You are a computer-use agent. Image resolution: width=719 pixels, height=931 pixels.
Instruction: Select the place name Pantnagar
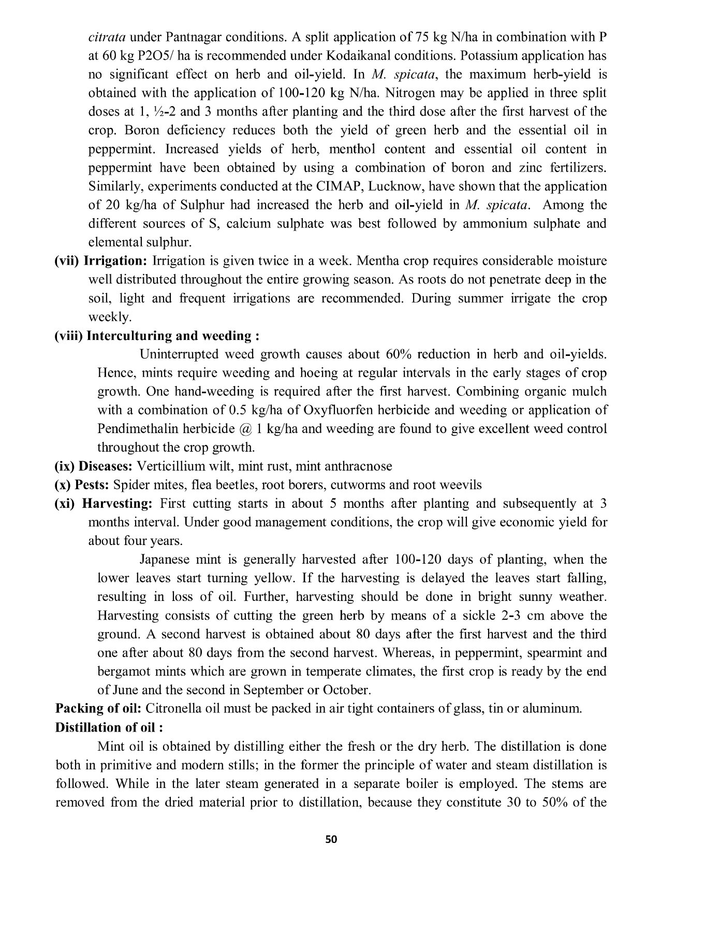pyautogui.click(x=199, y=37)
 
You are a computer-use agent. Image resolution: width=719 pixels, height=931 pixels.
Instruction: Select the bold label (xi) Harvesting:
pyautogui.click(x=103, y=504)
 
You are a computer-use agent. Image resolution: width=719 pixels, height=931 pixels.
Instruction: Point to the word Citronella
pyautogui.click(x=172, y=709)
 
